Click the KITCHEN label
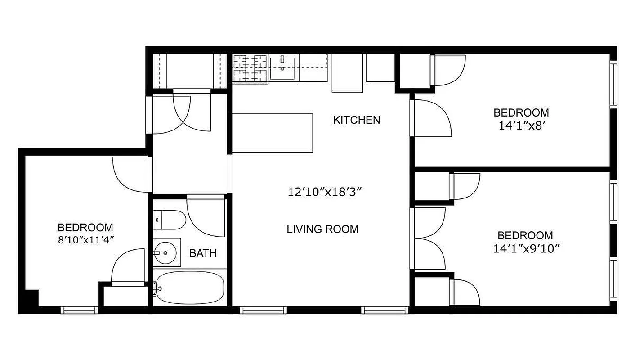pos(357,120)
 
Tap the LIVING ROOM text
pos(322,229)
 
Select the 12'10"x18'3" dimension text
pos(325,192)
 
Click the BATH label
pos(203,253)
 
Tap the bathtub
pos(190,288)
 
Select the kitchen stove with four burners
pos(250,68)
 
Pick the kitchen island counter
pos(273,133)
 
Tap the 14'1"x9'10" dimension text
pos(526,248)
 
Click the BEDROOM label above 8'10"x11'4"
pos(85,227)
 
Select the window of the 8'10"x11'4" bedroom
pos(79,310)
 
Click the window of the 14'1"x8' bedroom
pos(613,84)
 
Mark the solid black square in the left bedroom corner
pos(31,298)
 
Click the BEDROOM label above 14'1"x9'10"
pos(525,235)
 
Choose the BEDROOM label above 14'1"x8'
pos(521,112)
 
